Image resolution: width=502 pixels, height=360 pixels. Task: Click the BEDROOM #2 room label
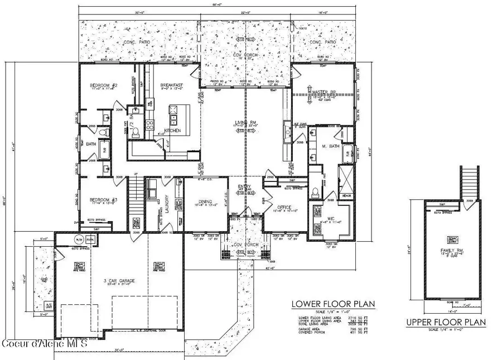click(102, 86)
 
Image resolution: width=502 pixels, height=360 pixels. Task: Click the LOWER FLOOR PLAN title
click(334, 304)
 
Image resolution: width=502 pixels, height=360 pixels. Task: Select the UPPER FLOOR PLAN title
click(446, 322)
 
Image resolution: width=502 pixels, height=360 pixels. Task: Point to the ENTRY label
click(244, 187)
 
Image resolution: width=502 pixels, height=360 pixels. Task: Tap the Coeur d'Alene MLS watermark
click(45, 343)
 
